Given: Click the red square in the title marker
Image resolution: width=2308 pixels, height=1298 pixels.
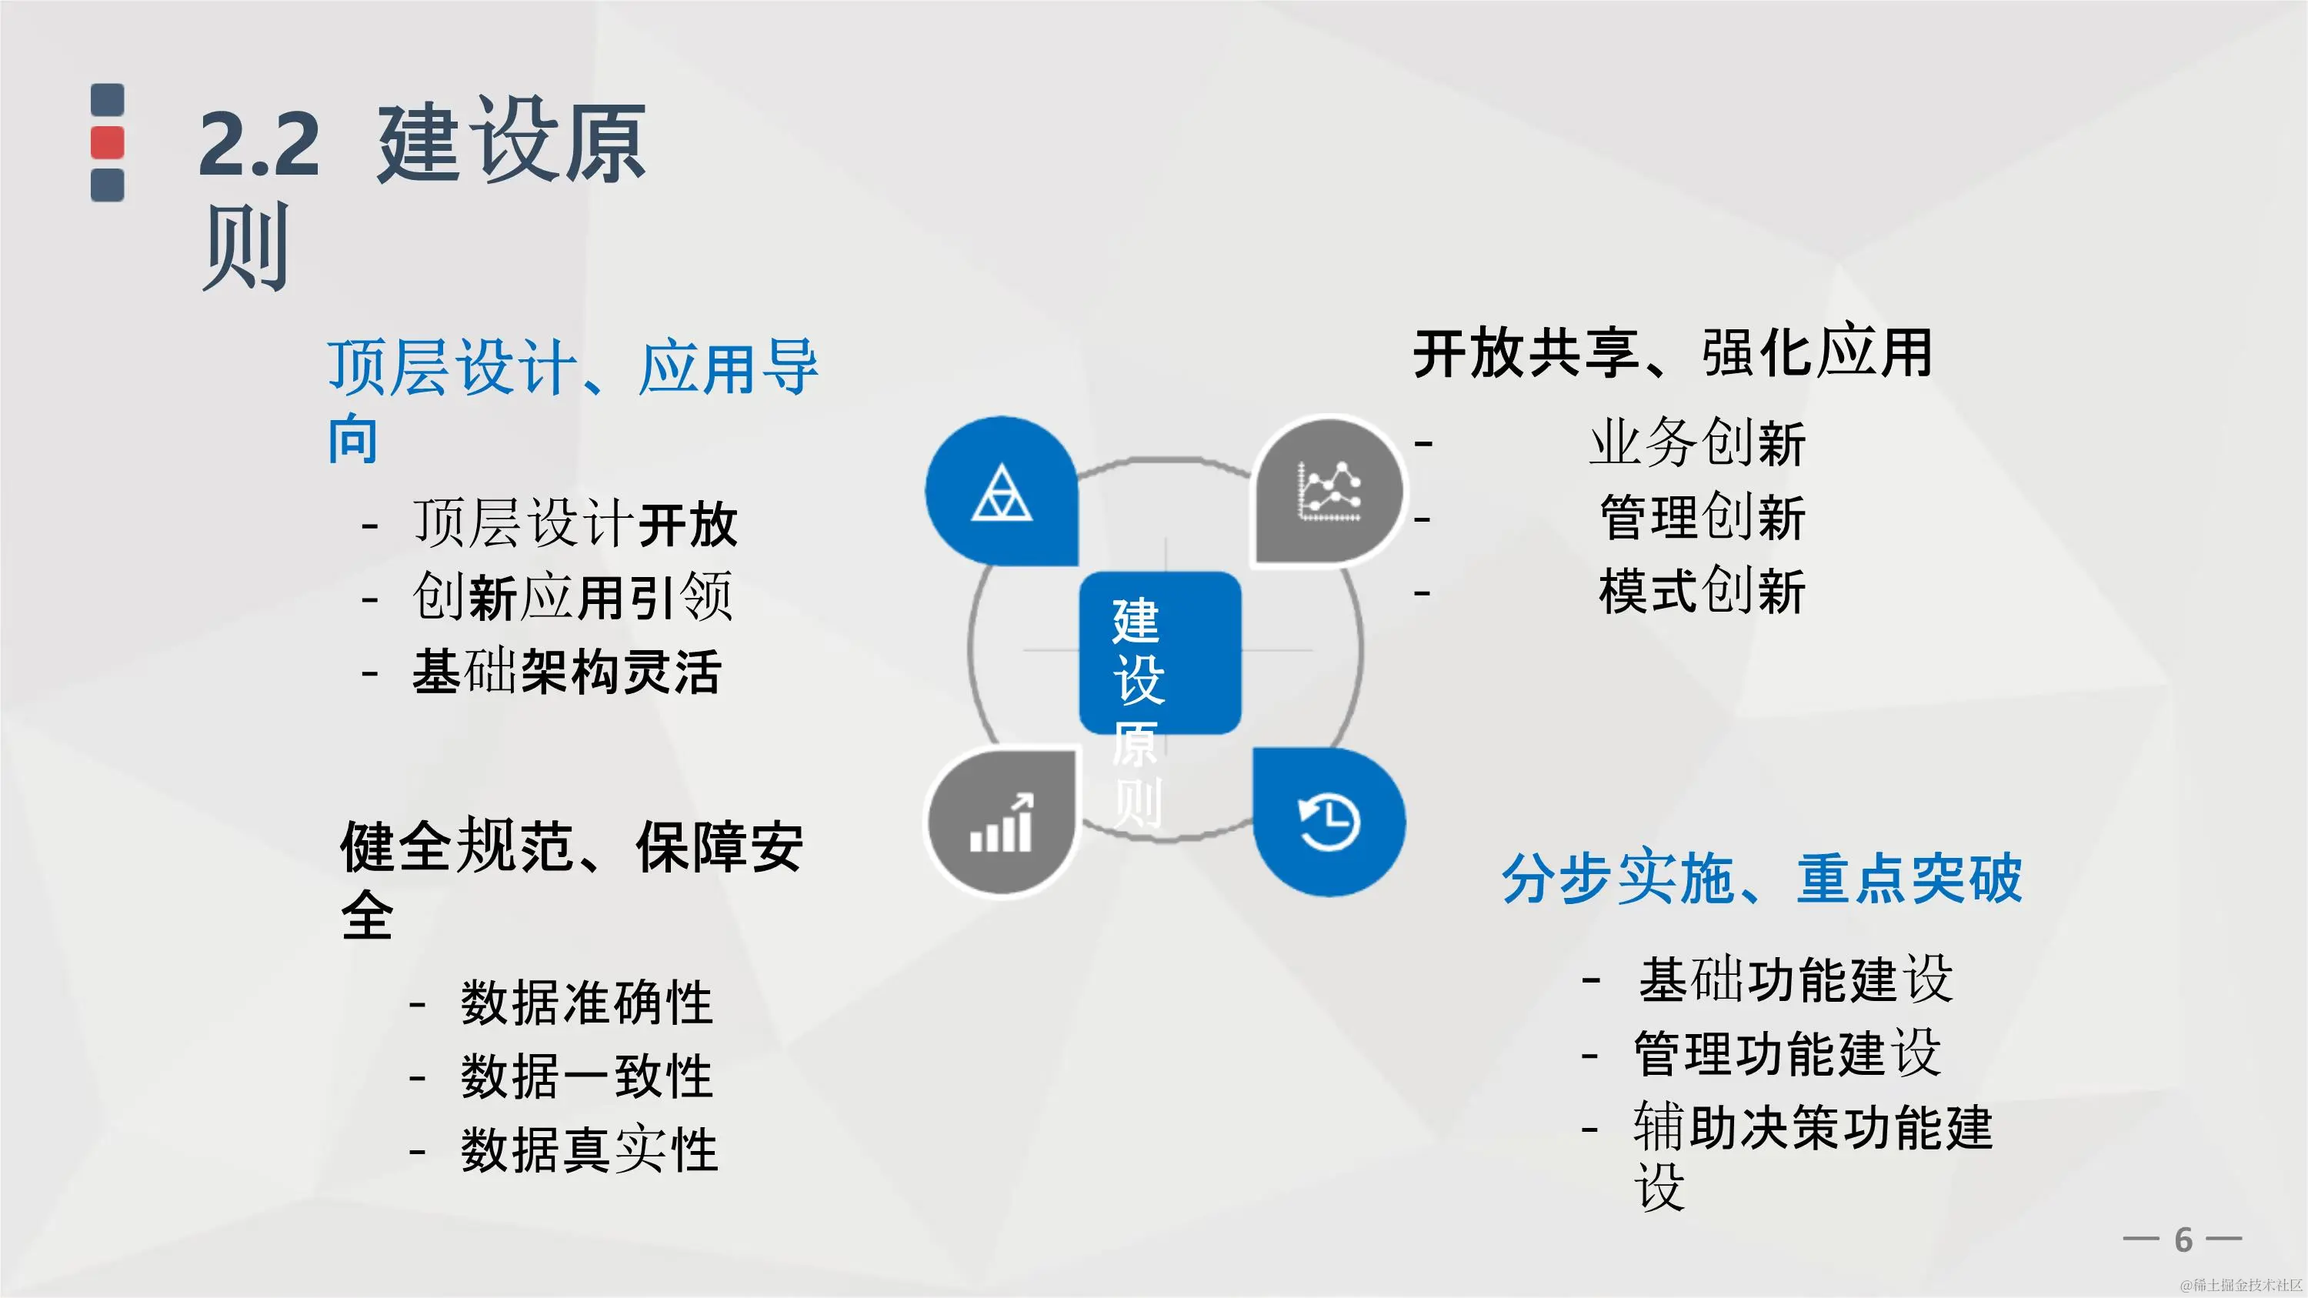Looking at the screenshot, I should (108, 142).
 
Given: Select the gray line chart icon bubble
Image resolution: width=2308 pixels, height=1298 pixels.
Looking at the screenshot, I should (1329, 491).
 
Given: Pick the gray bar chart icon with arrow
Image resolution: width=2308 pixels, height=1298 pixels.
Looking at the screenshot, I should (1001, 823).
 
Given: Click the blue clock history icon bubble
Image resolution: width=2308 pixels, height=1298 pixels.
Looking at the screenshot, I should (1329, 823).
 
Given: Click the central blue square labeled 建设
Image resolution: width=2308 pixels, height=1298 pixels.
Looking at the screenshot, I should (1159, 652).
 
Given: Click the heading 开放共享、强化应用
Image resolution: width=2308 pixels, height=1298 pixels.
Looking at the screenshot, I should (1673, 353).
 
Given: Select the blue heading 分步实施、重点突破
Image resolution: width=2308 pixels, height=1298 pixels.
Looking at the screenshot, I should (1762, 878).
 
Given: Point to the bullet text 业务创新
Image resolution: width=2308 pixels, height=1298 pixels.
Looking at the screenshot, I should (1697, 442).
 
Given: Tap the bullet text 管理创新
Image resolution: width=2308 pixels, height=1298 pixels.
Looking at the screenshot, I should (1703, 518).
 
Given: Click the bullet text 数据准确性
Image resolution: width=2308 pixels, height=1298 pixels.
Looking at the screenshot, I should (587, 1003).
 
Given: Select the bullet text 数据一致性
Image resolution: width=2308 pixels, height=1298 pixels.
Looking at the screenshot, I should (587, 1076).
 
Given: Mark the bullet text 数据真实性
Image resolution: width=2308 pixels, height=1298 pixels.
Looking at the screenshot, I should (589, 1150).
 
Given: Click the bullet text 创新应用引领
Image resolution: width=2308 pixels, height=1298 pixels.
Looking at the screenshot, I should (572, 596).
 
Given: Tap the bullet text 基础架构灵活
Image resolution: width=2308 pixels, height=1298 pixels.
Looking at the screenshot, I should (566, 672).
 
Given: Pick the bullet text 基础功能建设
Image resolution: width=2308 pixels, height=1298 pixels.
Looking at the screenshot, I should (1796, 979).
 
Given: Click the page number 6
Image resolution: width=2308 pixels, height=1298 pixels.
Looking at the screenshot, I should (2183, 1240).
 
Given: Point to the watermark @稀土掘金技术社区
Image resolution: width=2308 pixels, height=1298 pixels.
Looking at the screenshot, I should (2240, 1286).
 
